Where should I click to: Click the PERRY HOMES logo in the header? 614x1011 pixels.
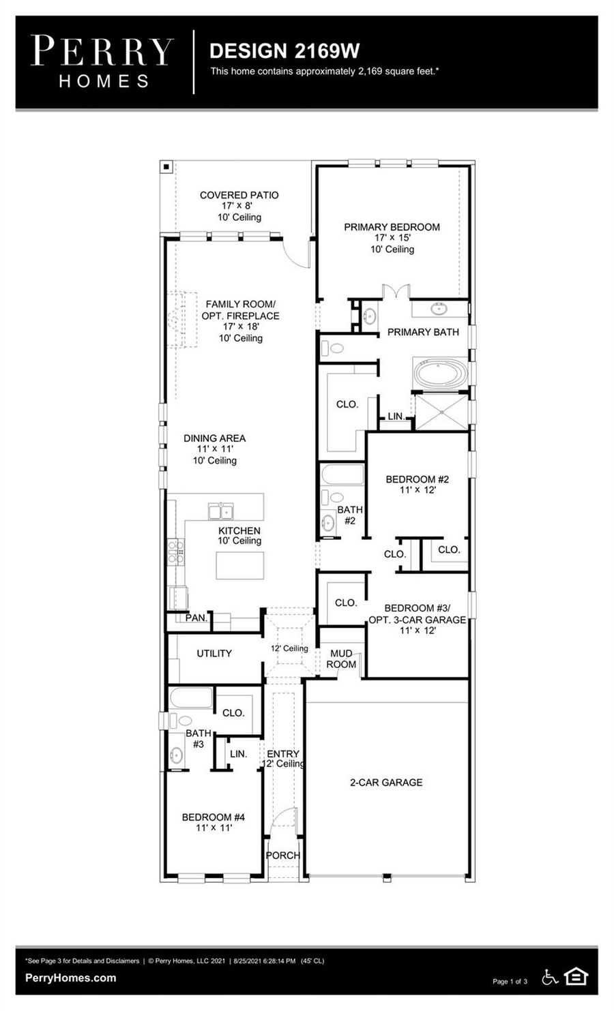point(102,62)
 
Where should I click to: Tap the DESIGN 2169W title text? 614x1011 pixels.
point(284,51)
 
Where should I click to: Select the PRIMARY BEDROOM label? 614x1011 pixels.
point(392,227)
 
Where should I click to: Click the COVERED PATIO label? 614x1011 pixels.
point(239,195)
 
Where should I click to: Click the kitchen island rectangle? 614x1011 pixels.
point(239,565)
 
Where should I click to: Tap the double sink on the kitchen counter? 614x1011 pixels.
point(221,512)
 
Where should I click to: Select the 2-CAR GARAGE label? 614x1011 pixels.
point(386,783)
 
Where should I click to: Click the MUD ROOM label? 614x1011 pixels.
point(341,659)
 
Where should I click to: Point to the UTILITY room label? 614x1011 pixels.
point(214,653)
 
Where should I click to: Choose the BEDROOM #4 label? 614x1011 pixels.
point(213,817)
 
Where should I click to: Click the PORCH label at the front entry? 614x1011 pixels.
point(282,856)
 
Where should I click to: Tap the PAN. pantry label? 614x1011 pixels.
point(196,618)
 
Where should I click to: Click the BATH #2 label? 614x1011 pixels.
point(350,515)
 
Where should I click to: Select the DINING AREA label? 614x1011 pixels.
point(214,438)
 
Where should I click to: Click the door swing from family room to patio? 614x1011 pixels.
point(297,253)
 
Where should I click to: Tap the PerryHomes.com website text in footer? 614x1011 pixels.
point(70,978)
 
